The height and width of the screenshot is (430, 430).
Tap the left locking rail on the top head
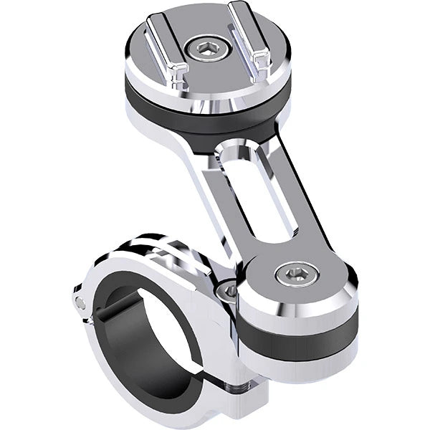pyautogui.click(x=163, y=43)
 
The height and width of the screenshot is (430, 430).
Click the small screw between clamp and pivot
pyautogui.click(x=229, y=290)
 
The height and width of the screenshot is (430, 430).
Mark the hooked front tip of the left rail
pyautogui.click(x=181, y=72)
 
